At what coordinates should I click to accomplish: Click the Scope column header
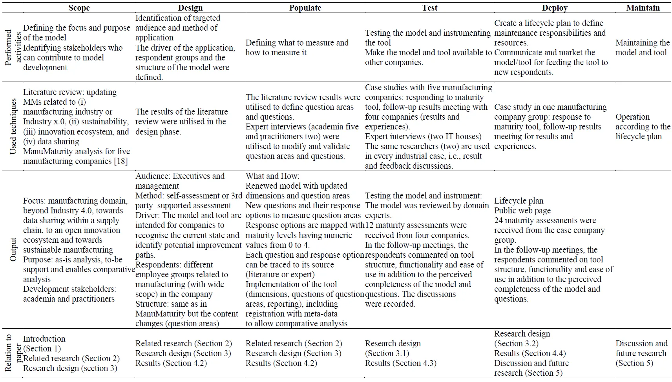coord(79,8)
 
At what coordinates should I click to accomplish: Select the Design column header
coord(190,8)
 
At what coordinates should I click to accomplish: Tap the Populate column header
coord(305,8)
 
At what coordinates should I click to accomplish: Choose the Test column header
coord(429,8)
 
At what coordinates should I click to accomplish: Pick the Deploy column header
coord(555,8)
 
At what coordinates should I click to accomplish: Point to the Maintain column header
coord(643,8)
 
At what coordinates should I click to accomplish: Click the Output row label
coord(13,249)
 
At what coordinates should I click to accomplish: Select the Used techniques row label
coord(13,126)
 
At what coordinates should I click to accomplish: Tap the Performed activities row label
coord(13,47)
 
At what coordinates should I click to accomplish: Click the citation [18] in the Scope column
coord(121,161)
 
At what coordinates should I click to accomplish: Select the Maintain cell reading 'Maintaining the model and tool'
coord(642,47)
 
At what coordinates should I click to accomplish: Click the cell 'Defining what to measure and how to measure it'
coord(297,47)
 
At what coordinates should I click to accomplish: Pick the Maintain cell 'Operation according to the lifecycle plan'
coord(642,127)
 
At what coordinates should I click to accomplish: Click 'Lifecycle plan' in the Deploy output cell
coord(519,201)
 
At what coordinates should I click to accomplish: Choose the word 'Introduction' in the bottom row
coord(44,339)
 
